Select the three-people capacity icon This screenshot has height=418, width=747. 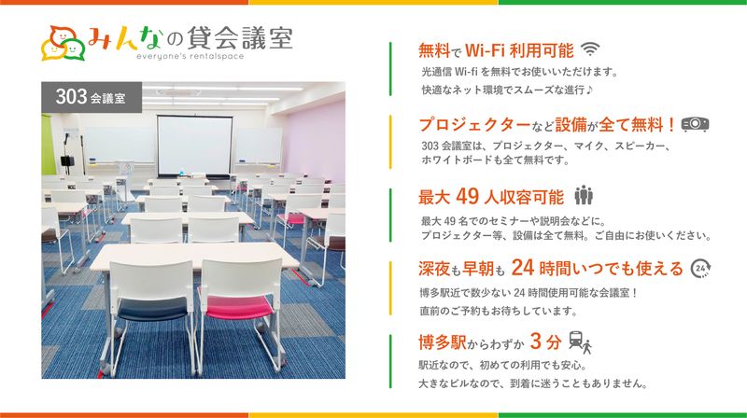(x=585, y=196)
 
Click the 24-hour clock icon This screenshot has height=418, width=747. (x=701, y=270)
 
